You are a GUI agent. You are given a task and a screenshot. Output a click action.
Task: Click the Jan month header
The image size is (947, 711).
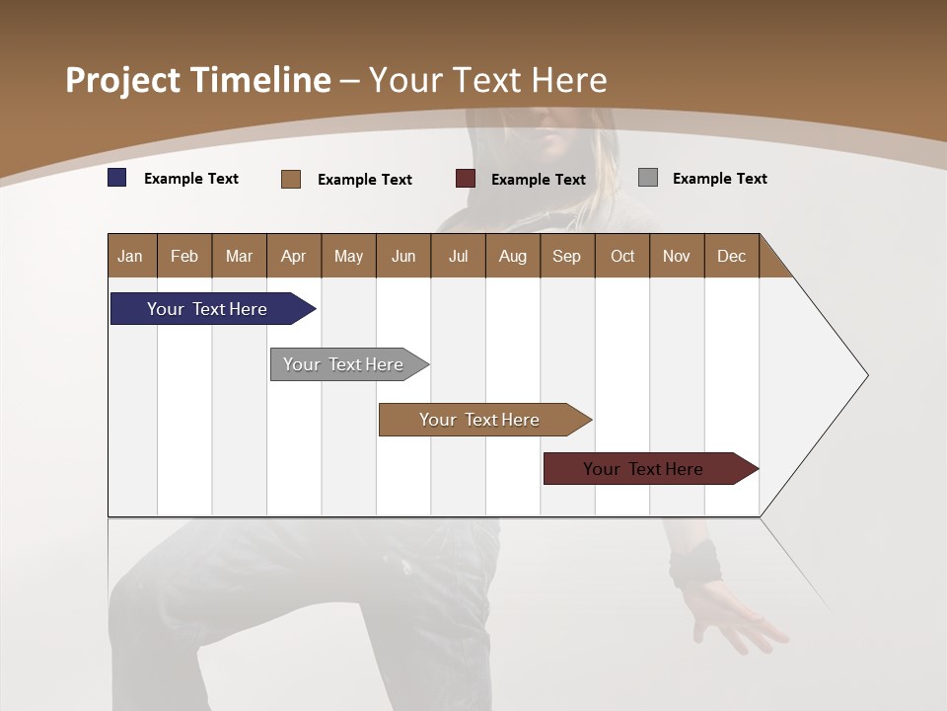point(131,256)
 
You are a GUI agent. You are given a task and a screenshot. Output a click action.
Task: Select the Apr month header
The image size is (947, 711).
point(293,256)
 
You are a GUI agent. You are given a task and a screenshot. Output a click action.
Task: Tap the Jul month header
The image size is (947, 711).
point(458,256)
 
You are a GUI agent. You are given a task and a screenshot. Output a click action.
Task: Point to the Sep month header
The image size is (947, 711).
point(566,256)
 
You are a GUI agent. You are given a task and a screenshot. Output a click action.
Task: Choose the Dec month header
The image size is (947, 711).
point(731,256)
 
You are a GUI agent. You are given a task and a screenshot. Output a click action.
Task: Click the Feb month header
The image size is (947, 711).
point(184,256)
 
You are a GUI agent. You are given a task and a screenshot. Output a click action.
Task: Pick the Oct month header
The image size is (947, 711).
point(621,256)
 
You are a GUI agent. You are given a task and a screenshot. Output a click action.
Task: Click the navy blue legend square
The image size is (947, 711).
point(117,178)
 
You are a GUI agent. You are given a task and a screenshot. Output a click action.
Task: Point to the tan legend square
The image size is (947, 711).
point(291,179)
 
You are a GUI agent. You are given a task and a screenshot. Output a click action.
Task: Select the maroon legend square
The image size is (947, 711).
point(466,179)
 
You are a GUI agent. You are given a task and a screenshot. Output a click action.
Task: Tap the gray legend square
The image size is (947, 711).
point(648,178)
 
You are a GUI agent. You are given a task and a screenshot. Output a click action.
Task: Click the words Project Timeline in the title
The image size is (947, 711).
point(197,80)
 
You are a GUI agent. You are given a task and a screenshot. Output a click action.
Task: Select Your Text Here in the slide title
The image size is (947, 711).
point(487,80)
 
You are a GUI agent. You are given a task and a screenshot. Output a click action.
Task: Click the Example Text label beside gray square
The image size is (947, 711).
point(719,179)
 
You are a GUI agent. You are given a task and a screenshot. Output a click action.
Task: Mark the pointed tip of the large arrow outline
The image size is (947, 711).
point(866,375)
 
